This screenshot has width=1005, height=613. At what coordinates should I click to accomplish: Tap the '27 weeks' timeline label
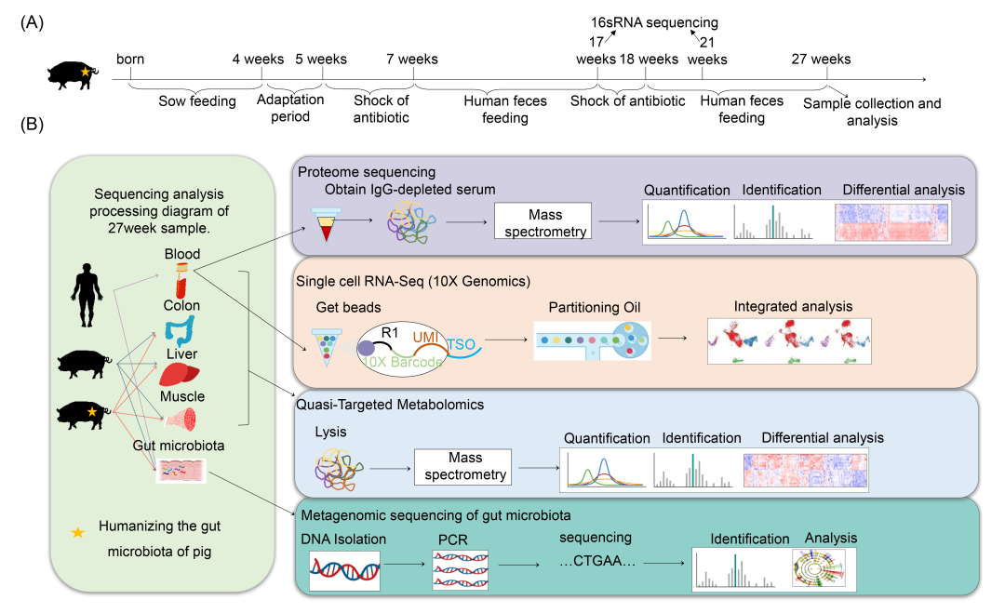pyautogui.click(x=821, y=60)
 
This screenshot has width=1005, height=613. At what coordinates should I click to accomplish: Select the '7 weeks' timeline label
pyautogui.click(x=412, y=60)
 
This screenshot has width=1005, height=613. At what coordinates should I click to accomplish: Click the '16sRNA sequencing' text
pyautogui.click(x=642, y=23)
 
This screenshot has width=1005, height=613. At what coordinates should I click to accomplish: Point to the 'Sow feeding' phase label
pyautogui.click(x=197, y=101)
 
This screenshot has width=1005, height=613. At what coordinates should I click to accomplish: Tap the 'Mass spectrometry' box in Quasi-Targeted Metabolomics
pyautogui.click(x=462, y=467)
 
